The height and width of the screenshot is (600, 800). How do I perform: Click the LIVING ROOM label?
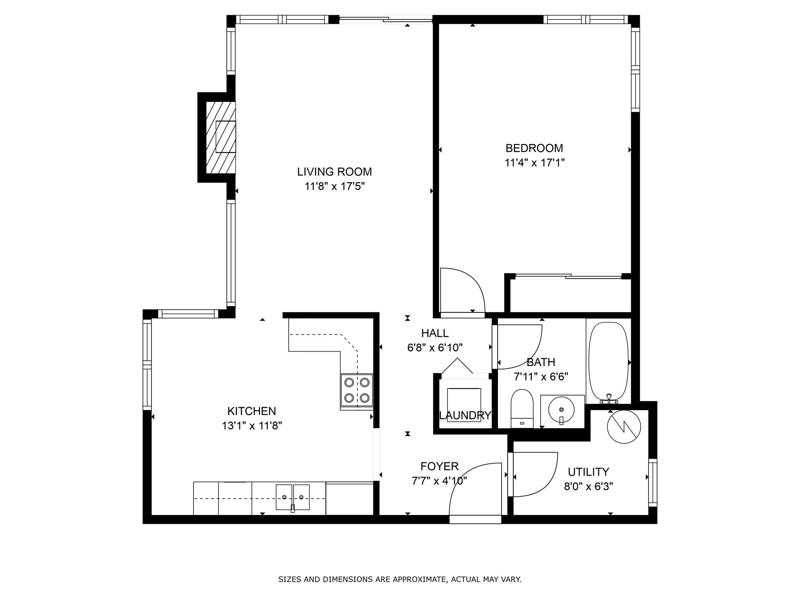[334, 172]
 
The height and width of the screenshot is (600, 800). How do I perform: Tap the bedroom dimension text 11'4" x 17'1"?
[534, 162]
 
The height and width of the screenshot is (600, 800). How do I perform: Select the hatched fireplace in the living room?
[221, 137]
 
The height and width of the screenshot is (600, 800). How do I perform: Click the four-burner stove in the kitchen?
[357, 390]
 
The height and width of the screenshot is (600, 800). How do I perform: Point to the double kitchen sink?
[293, 497]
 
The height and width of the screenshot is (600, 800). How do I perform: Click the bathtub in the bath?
[608, 361]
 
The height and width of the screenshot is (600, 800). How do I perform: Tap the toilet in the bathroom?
[522, 409]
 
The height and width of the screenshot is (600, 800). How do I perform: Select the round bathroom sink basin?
[561, 409]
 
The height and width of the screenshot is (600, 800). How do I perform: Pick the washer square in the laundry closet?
[464, 405]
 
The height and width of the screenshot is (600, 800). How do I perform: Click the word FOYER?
[439, 466]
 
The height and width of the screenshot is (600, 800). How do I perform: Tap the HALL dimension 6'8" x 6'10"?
[435, 348]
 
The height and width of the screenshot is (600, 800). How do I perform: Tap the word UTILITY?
[588, 472]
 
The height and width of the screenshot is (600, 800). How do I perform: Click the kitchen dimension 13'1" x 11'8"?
[252, 425]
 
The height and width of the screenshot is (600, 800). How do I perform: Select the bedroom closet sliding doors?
[568, 277]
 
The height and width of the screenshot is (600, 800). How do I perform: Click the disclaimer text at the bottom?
[400, 579]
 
